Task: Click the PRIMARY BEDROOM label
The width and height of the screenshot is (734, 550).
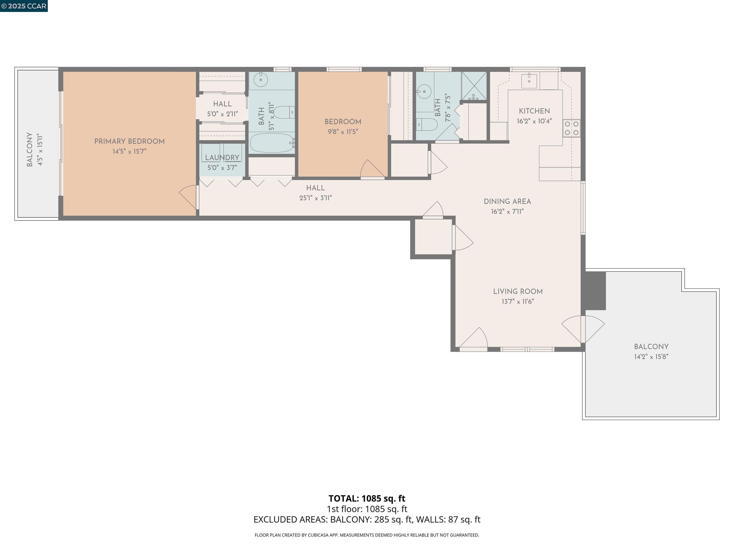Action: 130,141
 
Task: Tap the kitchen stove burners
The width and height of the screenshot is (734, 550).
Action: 571,128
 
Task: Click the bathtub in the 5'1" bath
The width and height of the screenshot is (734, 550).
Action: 272,143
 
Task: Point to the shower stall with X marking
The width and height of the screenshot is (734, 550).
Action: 474,85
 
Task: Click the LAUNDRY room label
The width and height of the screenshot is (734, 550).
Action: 222,158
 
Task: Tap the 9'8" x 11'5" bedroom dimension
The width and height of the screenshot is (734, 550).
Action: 343,132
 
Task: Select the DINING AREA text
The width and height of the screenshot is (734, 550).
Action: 507,201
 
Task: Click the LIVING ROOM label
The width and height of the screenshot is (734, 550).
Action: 518,291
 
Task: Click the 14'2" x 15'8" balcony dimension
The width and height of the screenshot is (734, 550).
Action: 651,357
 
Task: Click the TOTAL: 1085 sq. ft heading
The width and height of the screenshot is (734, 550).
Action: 367,498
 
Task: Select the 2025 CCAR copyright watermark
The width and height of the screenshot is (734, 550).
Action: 24,6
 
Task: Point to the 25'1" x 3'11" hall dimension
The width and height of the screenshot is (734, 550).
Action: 315,198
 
